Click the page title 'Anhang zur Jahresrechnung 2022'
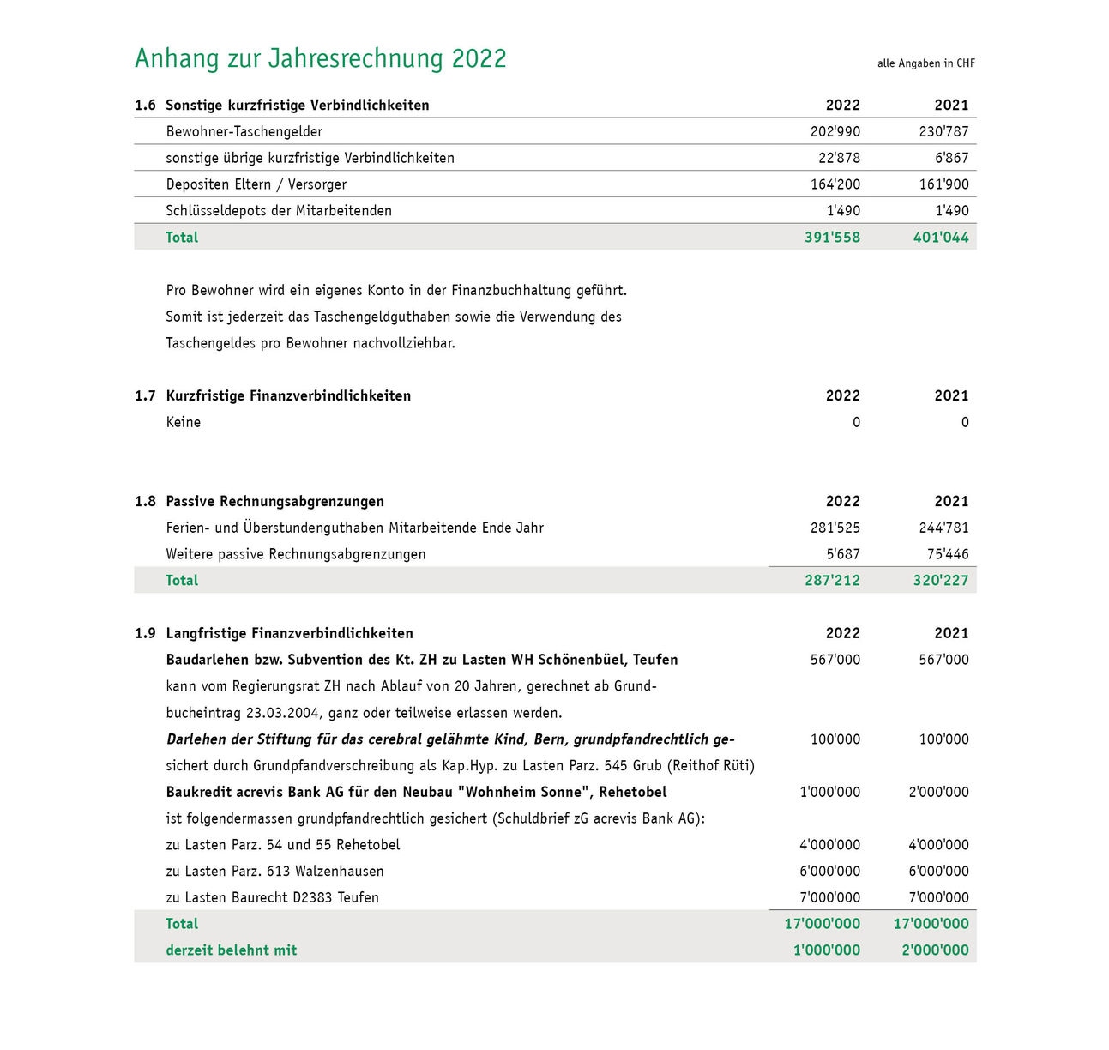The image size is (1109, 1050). point(320,58)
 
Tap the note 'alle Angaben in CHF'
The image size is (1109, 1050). point(925,63)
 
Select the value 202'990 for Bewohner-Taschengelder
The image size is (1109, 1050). point(835,132)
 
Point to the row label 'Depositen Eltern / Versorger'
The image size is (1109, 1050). point(256,184)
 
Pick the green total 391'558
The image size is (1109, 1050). point(832,238)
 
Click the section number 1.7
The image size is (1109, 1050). point(145,396)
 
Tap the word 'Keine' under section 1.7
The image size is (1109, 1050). point(183,423)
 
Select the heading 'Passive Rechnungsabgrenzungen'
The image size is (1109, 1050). point(274,502)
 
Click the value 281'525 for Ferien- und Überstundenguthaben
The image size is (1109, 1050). point(835,528)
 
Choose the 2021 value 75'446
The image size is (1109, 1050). point(947,555)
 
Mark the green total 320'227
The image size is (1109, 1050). point(940,581)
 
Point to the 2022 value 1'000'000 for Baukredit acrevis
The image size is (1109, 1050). point(829,793)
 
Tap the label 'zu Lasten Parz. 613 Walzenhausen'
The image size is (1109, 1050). point(274,872)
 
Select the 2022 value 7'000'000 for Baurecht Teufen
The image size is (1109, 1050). point(829,898)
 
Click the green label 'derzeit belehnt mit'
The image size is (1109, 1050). point(231,950)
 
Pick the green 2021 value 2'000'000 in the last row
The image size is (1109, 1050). point(935,950)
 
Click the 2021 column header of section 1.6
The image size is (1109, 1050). point(950,106)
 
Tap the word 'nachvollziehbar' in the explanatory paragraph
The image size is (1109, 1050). point(403,344)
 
